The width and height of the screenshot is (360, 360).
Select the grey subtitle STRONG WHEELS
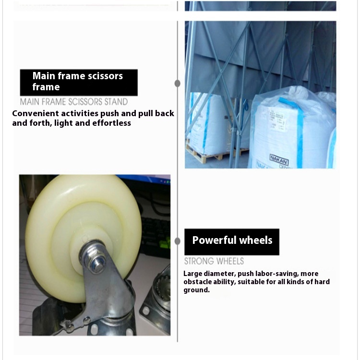[214, 261]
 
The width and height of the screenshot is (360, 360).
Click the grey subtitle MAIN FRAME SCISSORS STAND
[74, 102]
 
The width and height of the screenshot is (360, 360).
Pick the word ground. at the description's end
[196, 290]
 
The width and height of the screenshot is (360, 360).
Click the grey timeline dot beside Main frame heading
[177, 84]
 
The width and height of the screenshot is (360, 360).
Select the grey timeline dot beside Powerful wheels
[177, 241]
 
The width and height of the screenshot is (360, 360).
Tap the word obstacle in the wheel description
[198, 282]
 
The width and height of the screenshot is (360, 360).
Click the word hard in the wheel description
[322, 282]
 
